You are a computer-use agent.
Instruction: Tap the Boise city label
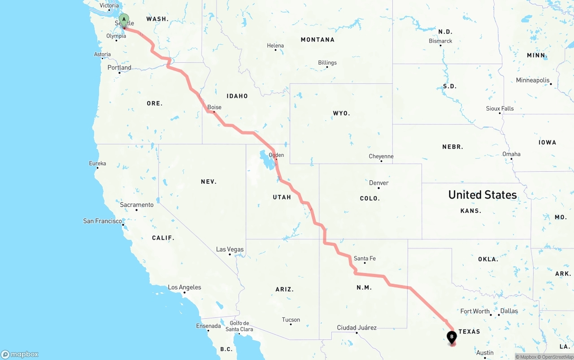[x=214, y=107]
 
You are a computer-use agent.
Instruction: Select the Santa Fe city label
[x=365, y=258]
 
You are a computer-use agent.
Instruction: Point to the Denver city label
[x=378, y=183]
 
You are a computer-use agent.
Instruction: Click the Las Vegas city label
[x=230, y=249]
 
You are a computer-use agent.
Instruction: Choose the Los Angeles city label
[x=184, y=287]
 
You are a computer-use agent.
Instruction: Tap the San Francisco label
[x=103, y=221]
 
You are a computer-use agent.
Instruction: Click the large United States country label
[x=483, y=195]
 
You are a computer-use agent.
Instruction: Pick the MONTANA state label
[x=317, y=39]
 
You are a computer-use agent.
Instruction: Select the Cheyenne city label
[x=381, y=156]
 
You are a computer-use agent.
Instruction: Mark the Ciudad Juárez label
[x=357, y=328]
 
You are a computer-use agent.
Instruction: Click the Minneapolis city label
[x=533, y=80]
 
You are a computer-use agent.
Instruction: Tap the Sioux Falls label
[x=500, y=108]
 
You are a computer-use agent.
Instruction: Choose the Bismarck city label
[x=440, y=41]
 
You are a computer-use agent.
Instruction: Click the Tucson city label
[x=291, y=320]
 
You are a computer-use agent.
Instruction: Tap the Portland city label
[x=119, y=68]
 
